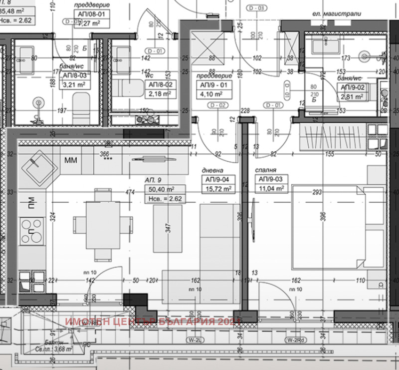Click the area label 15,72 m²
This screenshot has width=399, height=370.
pyautogui.click(x=217, y=188)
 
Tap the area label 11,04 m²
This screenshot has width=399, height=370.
pyautogui.click(x=271, y=188)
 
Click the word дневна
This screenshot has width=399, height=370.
pyautogui.click(x=211, y=170)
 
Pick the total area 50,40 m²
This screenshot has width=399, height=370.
pyautogui.click(x=164, y=189)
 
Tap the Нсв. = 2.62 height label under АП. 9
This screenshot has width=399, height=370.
pyautogui.click(x=164, y=198)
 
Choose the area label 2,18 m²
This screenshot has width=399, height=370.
pyautogui.click(x=159, y=94)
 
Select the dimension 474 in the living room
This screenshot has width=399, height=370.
pyautogui.click(x=130, y=192)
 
